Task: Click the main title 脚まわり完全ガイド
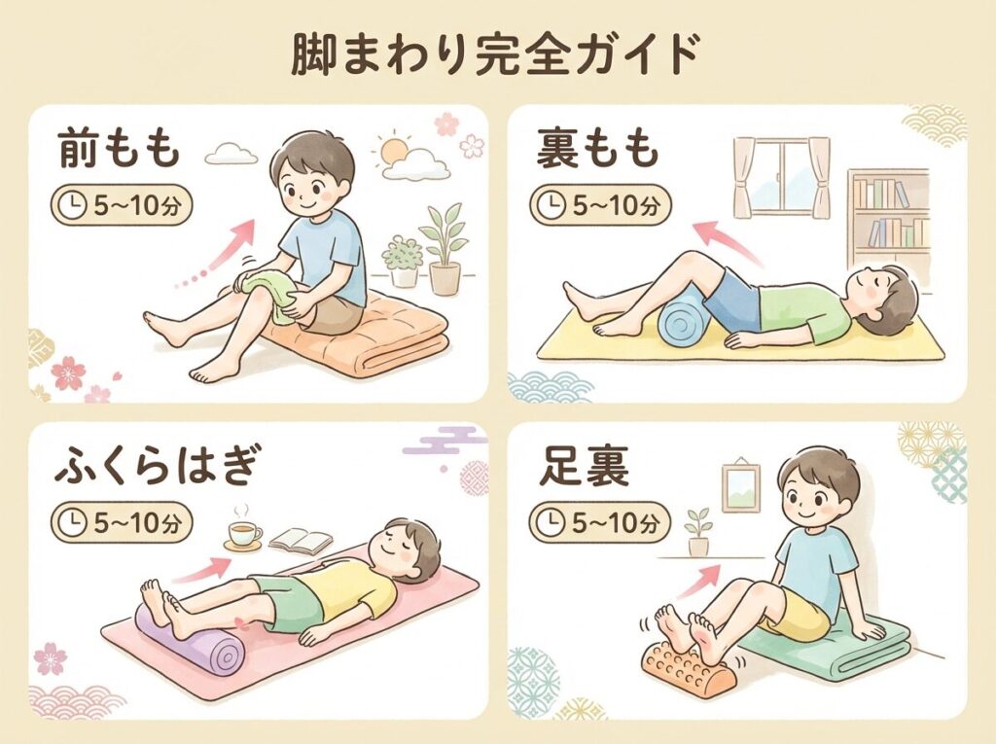coord(495,55)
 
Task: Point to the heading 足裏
coord(584,467)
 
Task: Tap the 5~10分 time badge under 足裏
coord(599,523)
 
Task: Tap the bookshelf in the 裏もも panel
coord(889,216)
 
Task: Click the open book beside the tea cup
coord(301,542)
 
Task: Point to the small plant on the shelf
coord(697,532)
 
